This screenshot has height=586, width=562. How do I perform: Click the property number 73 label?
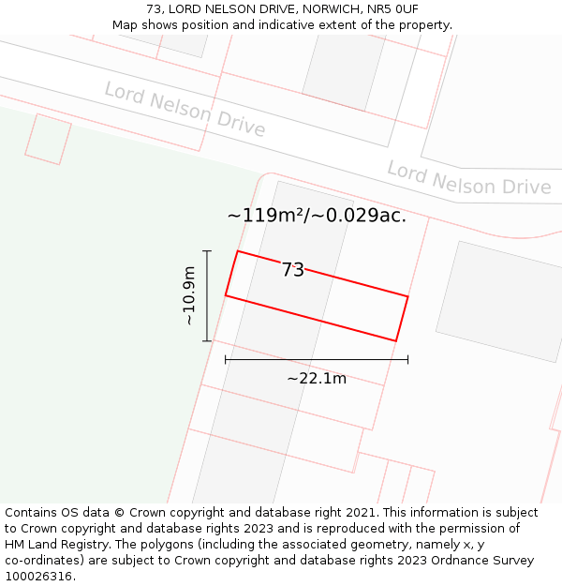pyautogui.click(x=293, y=270)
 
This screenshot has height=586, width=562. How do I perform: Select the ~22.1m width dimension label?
pyautogui.click(x=317, y=379)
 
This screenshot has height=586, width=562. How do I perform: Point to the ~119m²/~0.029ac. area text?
pyautogui.click(x=317, y=216)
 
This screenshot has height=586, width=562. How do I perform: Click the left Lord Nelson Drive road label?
pyautogui.click(x=185, y=109)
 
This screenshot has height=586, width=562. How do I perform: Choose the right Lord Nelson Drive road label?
pyautogui.click(x=469, y=178)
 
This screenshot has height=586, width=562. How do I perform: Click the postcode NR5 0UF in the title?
pyautogui.click(x=392, y=9)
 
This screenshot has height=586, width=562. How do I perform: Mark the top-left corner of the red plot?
pyautogui.click(x=238, y=251)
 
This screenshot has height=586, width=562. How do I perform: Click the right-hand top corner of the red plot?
pyautogui.click(x=407, y=296)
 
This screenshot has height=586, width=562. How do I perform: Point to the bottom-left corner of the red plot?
pyautogui.click(x=226, y=295)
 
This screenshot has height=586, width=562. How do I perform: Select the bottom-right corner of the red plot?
pyautogui.click(x=395, y=340)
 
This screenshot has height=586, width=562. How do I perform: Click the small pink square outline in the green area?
pyautogui.click(x=48, y=139)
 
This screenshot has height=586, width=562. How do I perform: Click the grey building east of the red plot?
pyautogui.click(x=499, y=301)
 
